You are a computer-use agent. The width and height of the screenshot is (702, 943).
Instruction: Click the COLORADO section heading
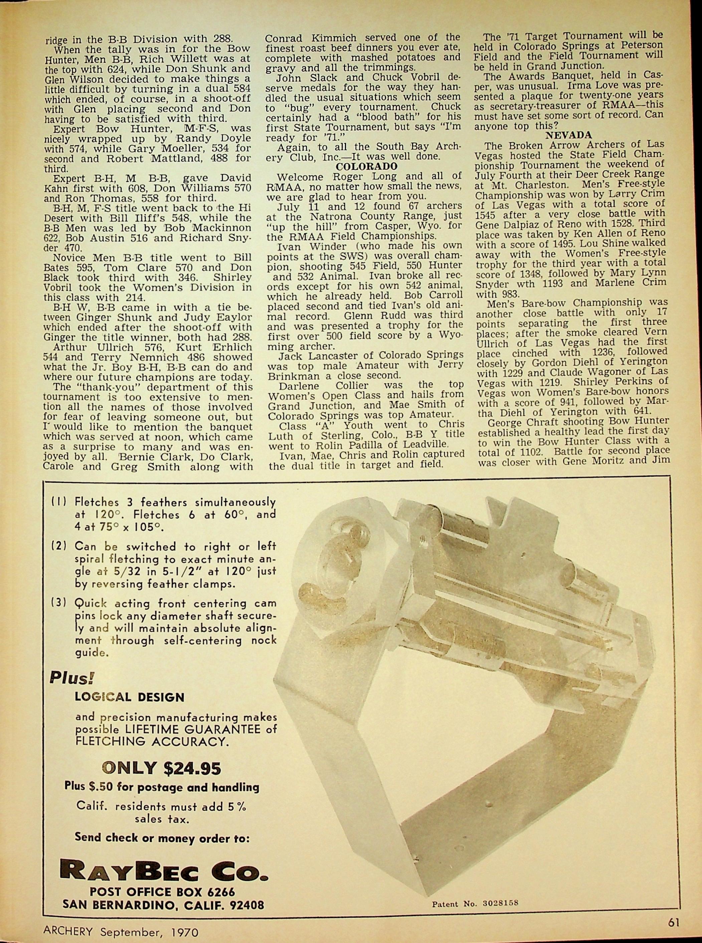367,166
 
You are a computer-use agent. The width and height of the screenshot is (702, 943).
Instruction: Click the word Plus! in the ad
71,677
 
